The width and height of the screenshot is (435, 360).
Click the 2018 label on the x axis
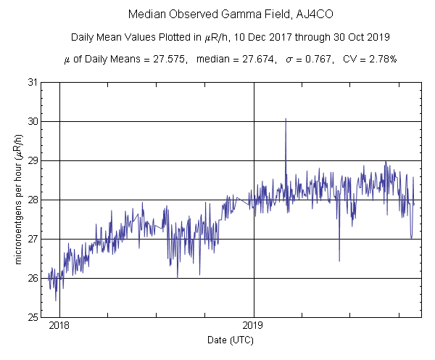(x=59, y=325)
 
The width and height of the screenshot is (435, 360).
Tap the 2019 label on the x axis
(x=254, y=325)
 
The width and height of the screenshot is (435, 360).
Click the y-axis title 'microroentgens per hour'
(x=17, y=200)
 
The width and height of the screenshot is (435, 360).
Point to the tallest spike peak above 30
(x=286, y=119)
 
